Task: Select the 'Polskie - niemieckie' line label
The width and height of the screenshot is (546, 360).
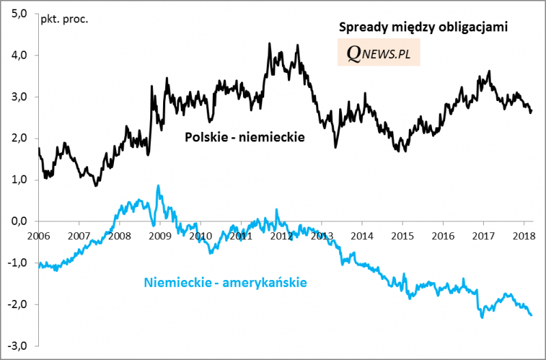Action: pyautogui.click(x=244, y=138)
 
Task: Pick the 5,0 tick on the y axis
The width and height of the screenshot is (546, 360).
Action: pyautogui.click(x=19, y=14)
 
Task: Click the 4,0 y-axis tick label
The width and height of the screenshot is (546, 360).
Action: pyautogui.click(x=19, y=55)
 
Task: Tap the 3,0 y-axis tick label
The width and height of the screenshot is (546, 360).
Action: pyautogui.click(x=19, y=97)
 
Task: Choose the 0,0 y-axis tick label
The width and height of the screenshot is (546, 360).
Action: pyautogui.click(x=19, y=221)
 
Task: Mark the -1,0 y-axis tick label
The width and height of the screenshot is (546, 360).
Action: pyautogui.click(x=18, y=263)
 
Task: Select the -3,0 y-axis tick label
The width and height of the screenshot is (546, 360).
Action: pyautogui.click(x=18, y=346)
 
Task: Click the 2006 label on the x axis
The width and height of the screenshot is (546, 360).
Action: pyautogui.click(x=39, y=235)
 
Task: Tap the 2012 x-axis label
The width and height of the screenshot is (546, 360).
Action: pyautogui.click(x=281, y=235)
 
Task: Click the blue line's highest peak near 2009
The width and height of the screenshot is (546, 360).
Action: pyautogui.click(x=158, y=185)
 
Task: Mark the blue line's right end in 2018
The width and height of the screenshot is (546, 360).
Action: pyautogui.click(x=532, y=315)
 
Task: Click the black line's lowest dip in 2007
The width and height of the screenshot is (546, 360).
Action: pyautogui.click(x=96, y=186)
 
